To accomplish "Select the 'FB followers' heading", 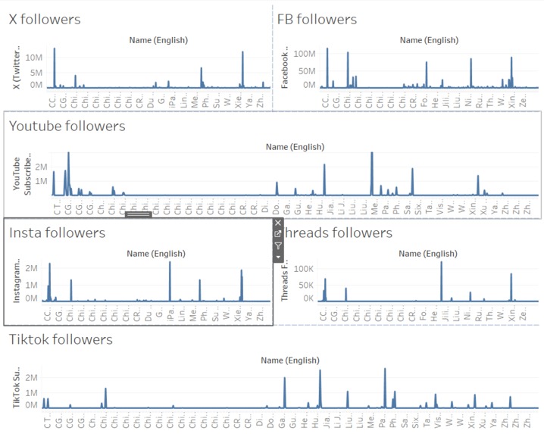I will [317, 20].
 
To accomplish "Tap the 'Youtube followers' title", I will [67, 126].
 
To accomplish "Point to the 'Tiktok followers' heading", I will [61, 340].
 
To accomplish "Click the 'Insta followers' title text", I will [58, 233].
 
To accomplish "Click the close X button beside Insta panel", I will [278, 223].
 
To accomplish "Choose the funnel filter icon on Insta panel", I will [278, 245].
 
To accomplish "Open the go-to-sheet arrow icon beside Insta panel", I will [278, 234].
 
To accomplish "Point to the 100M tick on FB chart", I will [303, 54].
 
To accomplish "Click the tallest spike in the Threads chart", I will [442, 264].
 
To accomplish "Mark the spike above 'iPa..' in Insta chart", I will [170, 264].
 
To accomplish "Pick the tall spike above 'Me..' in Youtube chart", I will [372, 155].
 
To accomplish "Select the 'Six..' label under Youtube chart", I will [420, 206].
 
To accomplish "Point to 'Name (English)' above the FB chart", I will [429, 40].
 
